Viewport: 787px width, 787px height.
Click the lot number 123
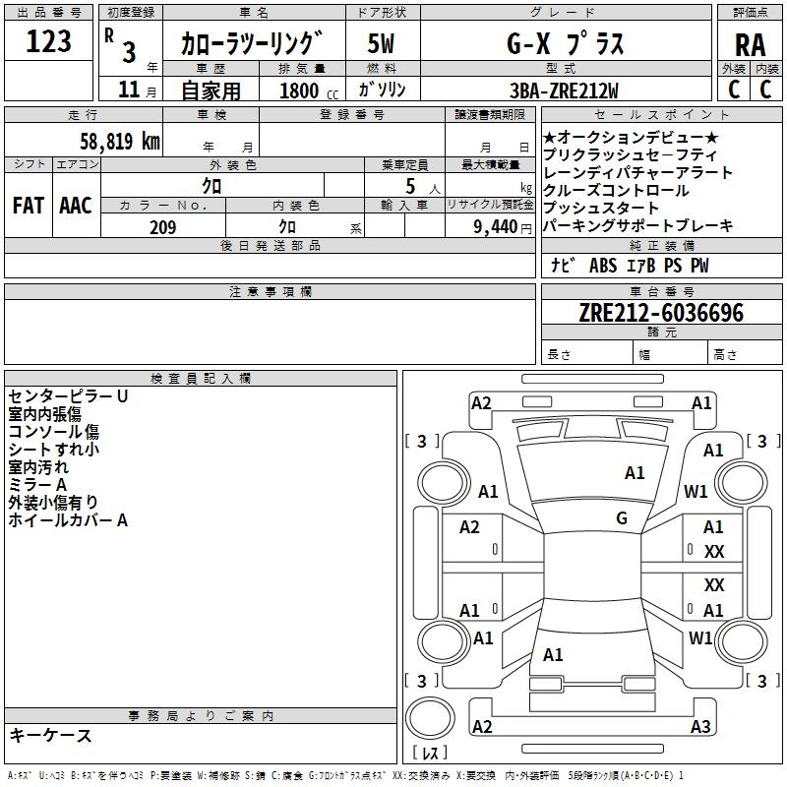(x=48, y=41)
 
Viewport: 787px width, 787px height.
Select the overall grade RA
(x=750, y=45)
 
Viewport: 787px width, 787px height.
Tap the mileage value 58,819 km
(x=120, y=142)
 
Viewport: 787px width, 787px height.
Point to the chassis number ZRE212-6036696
(x=661, y=313)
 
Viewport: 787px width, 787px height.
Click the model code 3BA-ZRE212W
(x=564, y=91)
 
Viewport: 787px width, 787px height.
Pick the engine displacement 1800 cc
(x=309, y=91)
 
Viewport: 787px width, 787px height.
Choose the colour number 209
(x=162, y=227)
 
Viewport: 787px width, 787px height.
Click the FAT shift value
(x=29, y=206)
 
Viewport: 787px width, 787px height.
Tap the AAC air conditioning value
(x=76, y=206)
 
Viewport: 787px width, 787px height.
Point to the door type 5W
(x=381, y=43)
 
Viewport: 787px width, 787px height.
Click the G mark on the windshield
(x=622, y=517)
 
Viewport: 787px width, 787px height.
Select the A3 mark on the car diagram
(x=700, y=726)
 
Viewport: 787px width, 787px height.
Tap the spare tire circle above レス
(x=430, y=717)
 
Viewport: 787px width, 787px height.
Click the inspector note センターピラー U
(x=68, y=396)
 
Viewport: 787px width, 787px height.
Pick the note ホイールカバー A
(x=68, y=520)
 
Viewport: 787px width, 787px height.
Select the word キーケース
(x=50, y=735)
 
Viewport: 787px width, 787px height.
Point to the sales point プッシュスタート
(x=600, y=208)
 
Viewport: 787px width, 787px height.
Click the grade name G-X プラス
(x=565, y=43)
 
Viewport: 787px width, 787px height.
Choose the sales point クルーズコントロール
(x=616, y=190)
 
